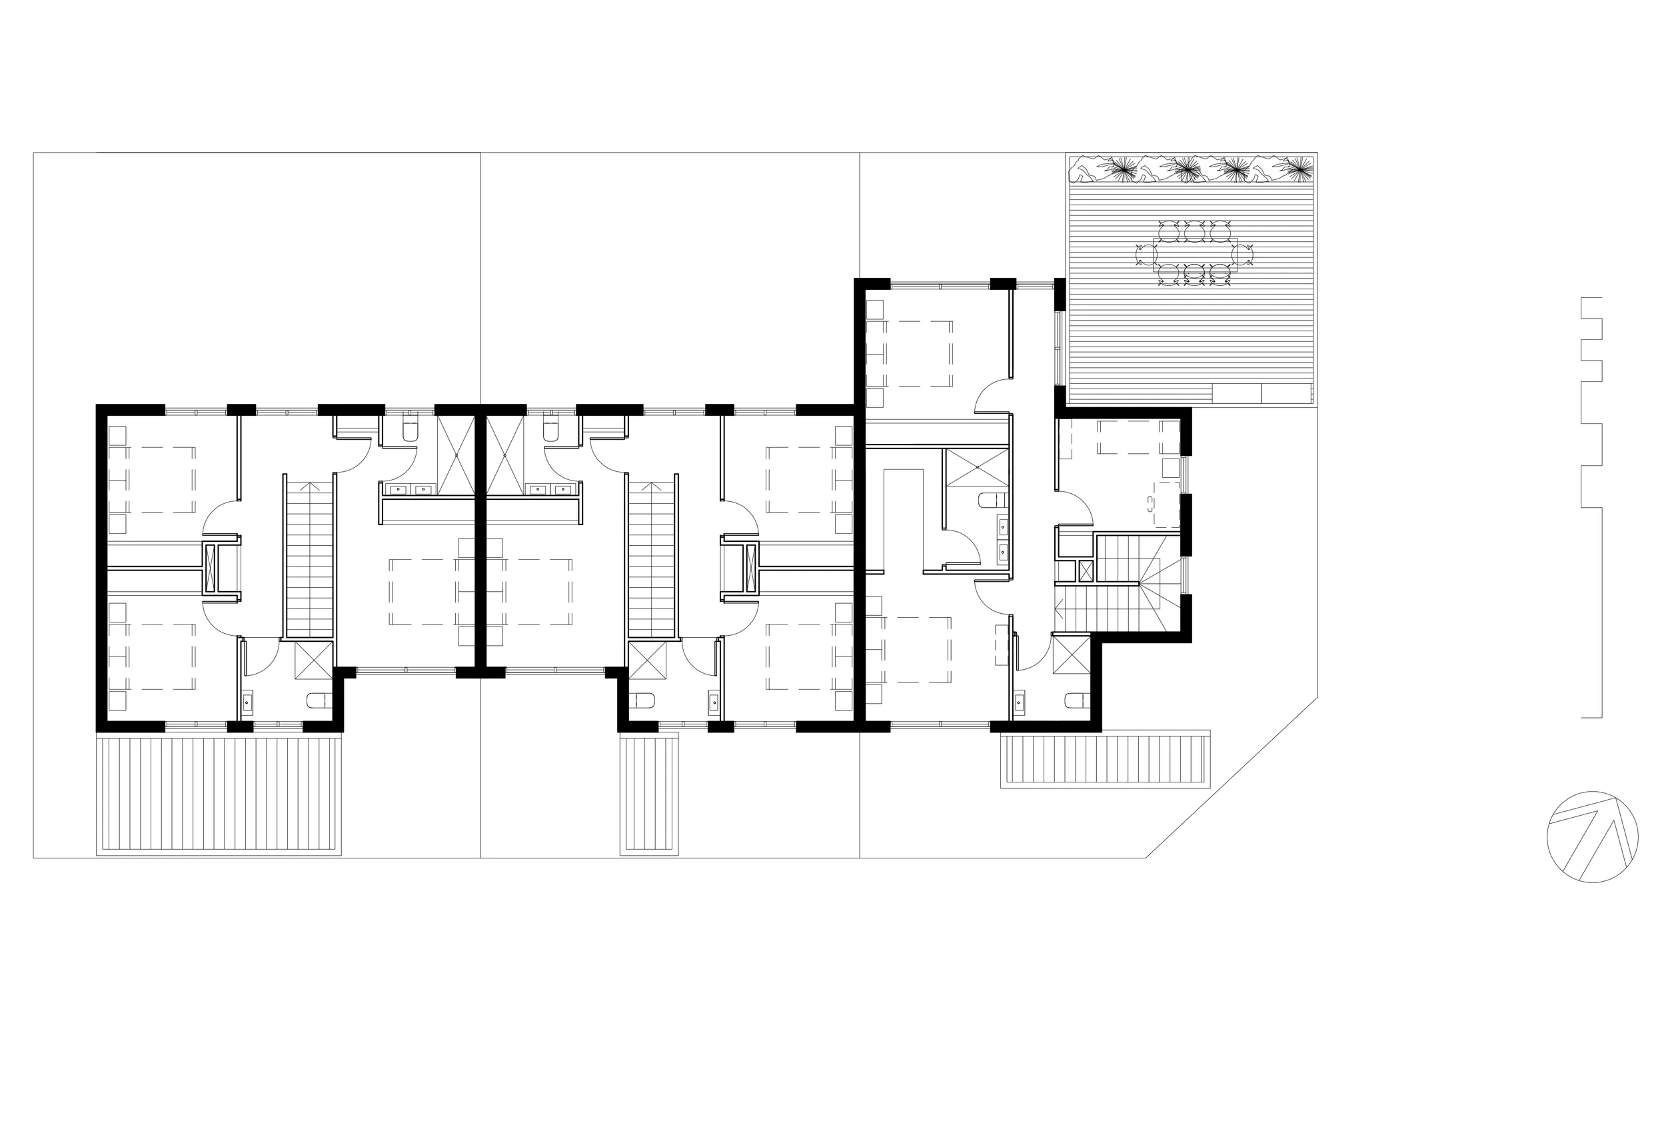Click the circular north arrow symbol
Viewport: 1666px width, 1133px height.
[1592, 836]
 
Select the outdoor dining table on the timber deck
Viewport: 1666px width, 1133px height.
[1194, 255]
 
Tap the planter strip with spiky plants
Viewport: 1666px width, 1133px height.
[1191, 170]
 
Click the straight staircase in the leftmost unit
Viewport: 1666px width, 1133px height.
[310, 556]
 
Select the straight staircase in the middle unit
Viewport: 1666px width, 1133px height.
[652, 556]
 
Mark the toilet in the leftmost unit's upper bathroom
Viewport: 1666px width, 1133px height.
[410, 431]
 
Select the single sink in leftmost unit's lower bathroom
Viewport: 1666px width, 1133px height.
[247, 702]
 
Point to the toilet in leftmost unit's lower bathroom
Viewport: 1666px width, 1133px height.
[319, 700]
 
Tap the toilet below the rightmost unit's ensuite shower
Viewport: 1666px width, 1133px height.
[994, 500]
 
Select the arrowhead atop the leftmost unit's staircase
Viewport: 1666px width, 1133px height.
[310, 485]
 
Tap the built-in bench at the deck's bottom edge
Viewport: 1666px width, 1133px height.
[1261, 393]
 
